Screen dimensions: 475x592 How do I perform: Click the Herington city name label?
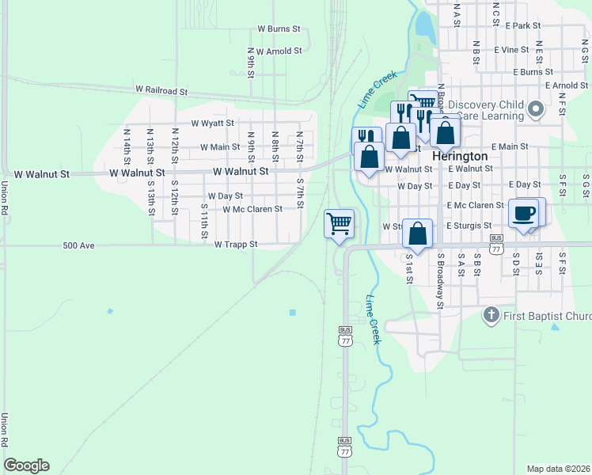tap(460, 157)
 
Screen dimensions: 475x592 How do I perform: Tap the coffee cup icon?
tap(523, 213)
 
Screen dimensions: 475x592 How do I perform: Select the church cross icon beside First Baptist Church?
tap(491, 316)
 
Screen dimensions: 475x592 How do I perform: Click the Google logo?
tap(26, 465)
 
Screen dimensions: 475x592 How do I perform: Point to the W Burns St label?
tap(279, 28)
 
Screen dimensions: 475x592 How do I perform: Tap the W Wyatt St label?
tap(213, 123)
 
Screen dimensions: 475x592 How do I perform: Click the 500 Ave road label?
tap(78, 246)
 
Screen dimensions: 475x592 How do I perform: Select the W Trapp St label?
tap(236, 245)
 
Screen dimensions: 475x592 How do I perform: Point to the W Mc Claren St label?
tap(252, 210)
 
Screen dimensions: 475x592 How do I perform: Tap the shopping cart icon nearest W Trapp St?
tap(339, 223)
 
